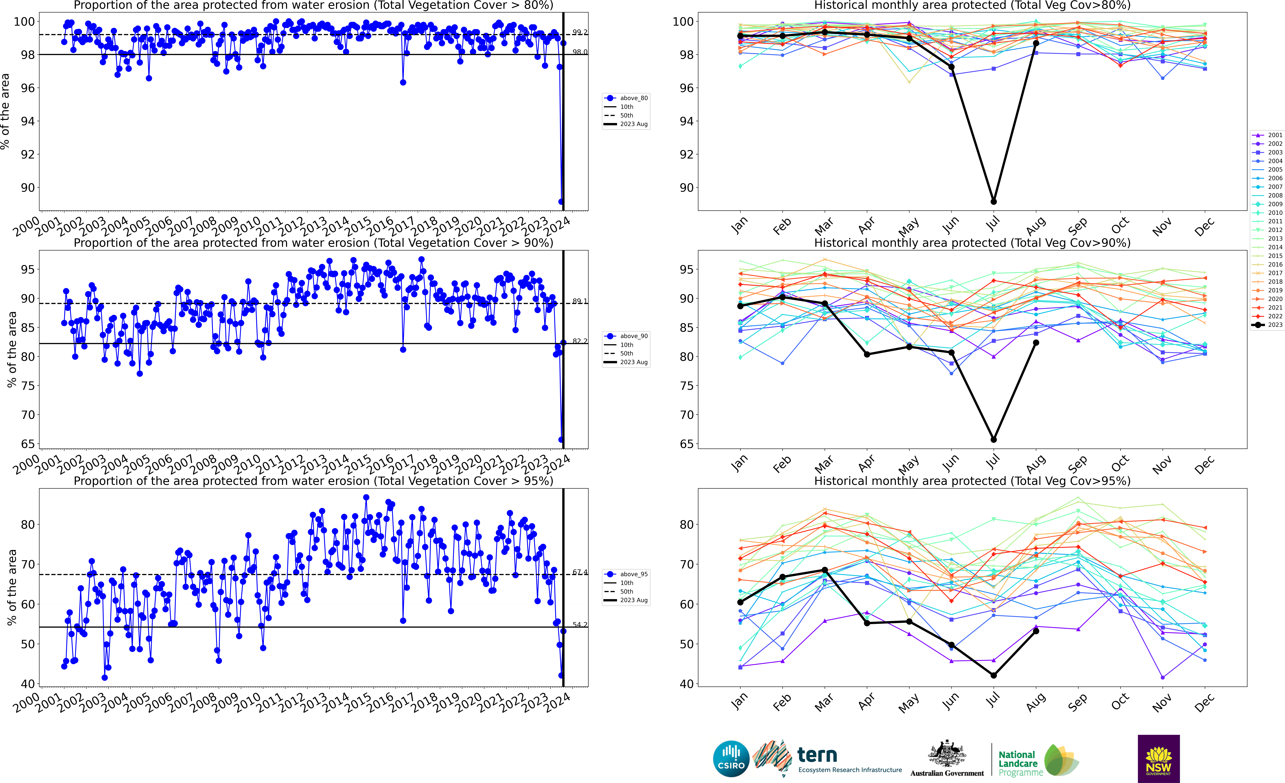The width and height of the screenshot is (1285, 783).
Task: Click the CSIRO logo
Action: click(731, 758)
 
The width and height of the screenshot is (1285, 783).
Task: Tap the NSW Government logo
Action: click(1158, 758)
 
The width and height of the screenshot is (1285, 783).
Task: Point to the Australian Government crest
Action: click(947, 754)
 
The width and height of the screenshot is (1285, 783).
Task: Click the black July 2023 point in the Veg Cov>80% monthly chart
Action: click(994, 201)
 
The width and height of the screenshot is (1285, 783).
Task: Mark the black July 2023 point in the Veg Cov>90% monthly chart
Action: click(994, 439)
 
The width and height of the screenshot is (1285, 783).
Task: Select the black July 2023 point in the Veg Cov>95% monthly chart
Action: click(994, 676)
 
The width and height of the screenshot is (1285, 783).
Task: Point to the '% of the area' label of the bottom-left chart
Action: click(12, 587)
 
